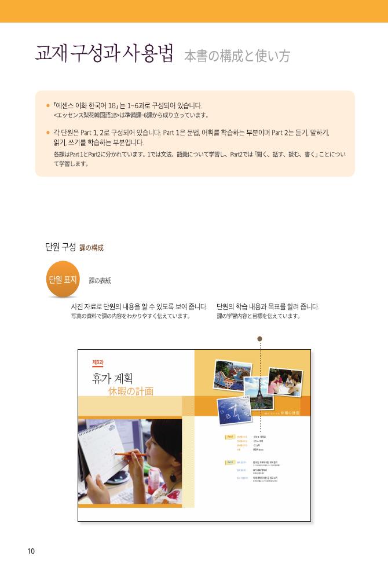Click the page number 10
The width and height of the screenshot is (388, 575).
[31, 551]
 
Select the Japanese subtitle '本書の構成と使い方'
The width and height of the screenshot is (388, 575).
[237, 56]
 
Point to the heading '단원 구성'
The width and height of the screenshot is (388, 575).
[60, 247]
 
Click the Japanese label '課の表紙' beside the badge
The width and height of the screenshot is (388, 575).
[100, 281]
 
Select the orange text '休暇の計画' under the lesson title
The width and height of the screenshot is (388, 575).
[131, 391]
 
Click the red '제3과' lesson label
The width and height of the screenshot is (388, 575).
[98, 362]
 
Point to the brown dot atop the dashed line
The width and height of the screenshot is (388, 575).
[260, 339]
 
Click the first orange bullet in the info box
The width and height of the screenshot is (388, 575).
[48, 106]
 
